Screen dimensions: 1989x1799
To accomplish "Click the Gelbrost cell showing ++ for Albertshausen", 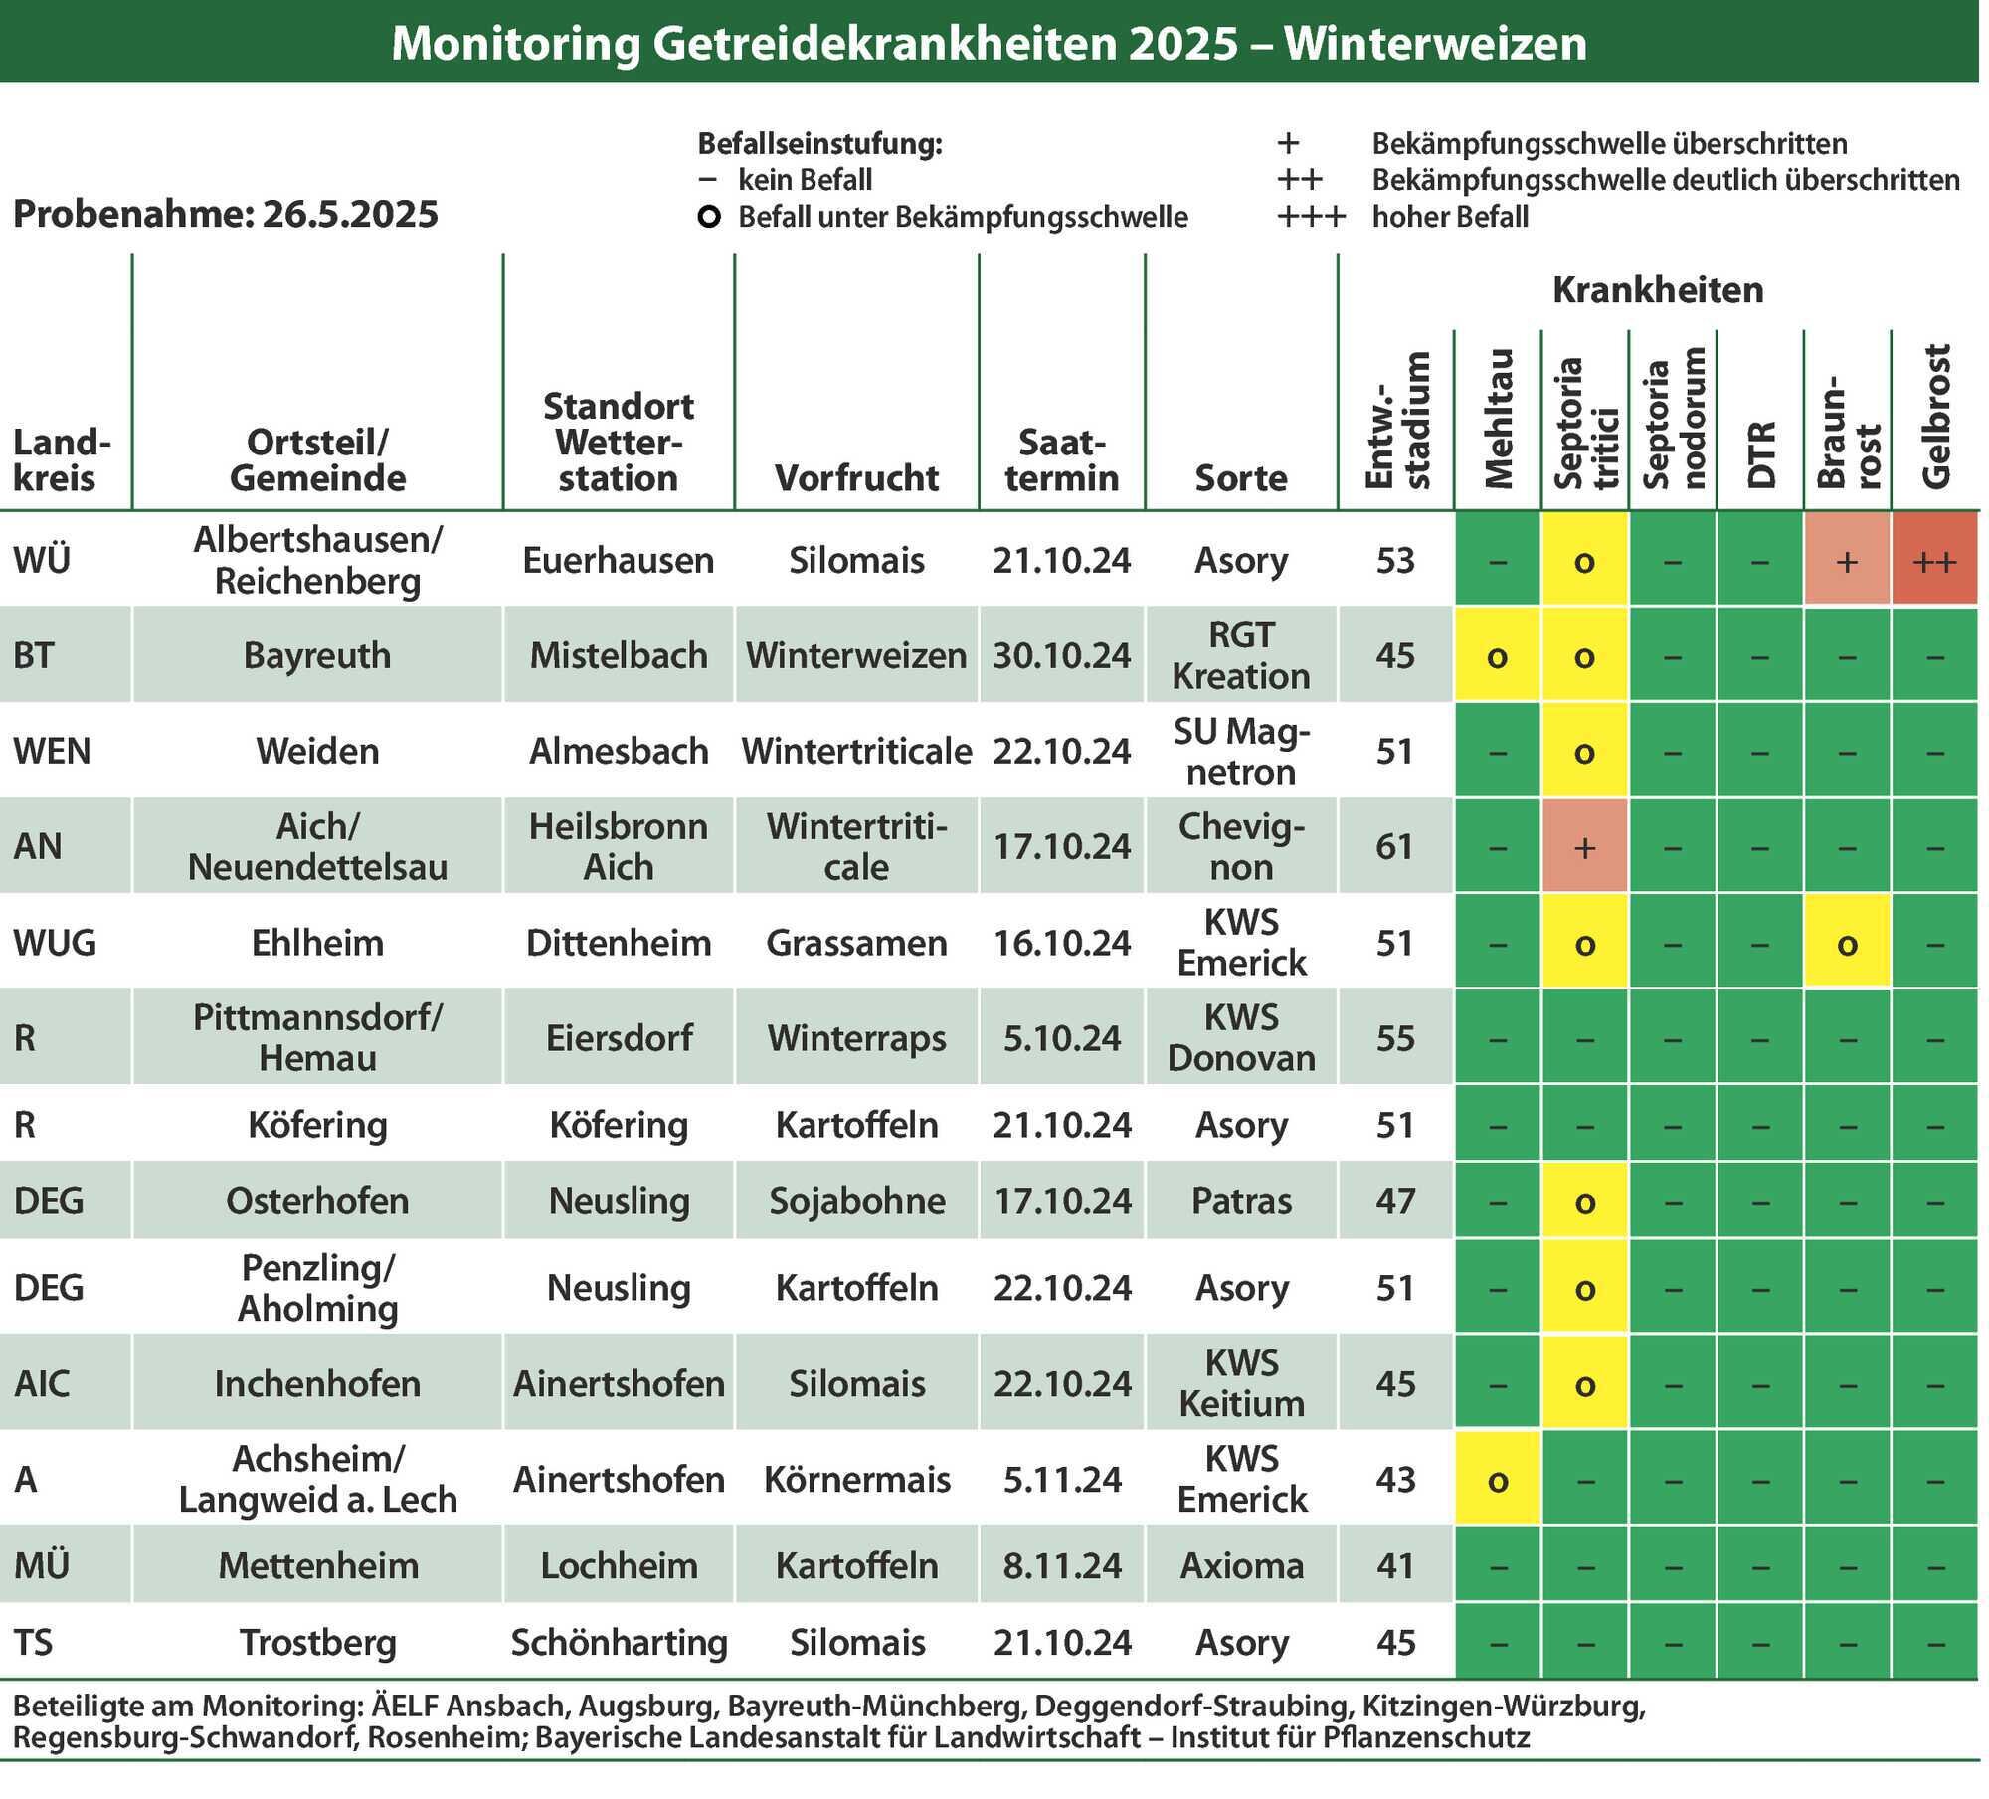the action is click(1934, 559).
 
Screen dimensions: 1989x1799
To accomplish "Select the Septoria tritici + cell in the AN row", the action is click(1585, 846).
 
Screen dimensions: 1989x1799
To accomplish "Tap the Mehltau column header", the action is click(1498, 419).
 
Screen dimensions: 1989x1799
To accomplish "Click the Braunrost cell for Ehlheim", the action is click(1847, 942).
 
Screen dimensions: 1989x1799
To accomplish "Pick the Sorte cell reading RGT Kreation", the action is click(1241, 655).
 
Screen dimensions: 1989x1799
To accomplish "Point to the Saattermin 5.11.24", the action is click(1062, 1480).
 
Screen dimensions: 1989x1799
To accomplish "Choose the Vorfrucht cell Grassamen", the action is click(856, 943).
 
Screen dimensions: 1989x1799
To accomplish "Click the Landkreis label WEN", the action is click(52, 751).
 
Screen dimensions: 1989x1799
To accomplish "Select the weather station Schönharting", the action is click(619, 1643).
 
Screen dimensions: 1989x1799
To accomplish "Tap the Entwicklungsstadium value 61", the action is click(1394, 847).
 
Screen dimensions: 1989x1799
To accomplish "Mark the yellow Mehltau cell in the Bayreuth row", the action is click(1498, 655).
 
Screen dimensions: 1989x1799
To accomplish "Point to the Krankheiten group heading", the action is click(1658, 290).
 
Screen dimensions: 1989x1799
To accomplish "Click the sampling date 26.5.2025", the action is click(350, 215).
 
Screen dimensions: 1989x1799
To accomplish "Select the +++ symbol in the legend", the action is click(1312, 217).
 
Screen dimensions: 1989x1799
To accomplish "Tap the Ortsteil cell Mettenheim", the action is click(317, 1566).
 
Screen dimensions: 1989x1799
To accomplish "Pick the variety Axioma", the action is click(1241, 1566).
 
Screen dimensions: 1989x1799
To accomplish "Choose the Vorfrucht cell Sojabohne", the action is click(856, 1201).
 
